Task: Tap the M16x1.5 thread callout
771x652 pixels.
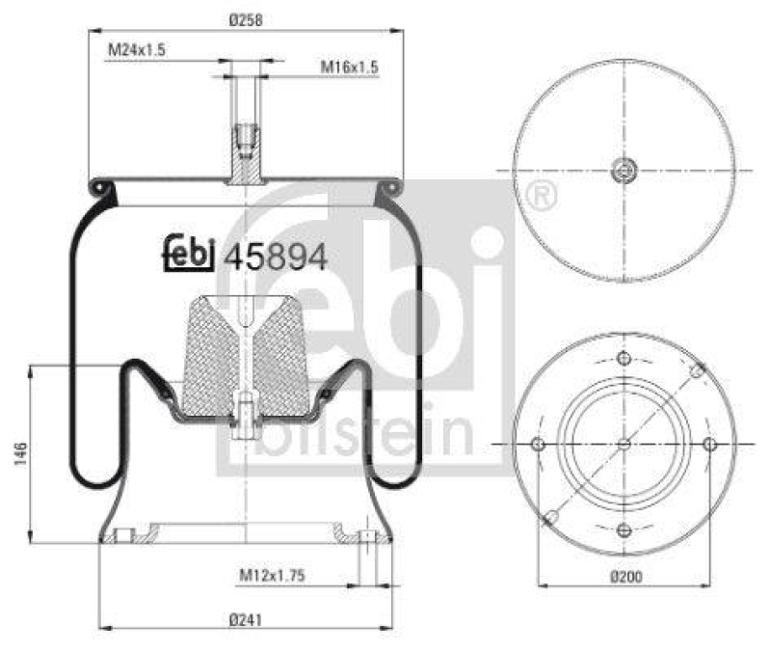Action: pyautogui.click(x=350, y=67)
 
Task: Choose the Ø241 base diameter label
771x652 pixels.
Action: pyautogui.click(x=247, y=619)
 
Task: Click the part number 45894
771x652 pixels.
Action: pyautogui.click(x=277, y=257)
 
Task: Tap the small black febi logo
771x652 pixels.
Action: pyautogui.click(x=189, y=256)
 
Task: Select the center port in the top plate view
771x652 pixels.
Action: pyautogui.click(x=624, y=172)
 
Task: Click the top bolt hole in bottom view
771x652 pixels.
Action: pyautogui.click(x=624, y=360)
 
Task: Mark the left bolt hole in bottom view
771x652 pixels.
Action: pyautogui.click(x=538, y=445)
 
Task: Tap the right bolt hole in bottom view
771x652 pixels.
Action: pyautogui.click(x=709, y=444)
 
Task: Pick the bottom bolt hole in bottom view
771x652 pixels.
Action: pyautogui.click(x=624, y=529)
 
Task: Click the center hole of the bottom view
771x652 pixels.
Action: pyautogui.click(x=624, y=444)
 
